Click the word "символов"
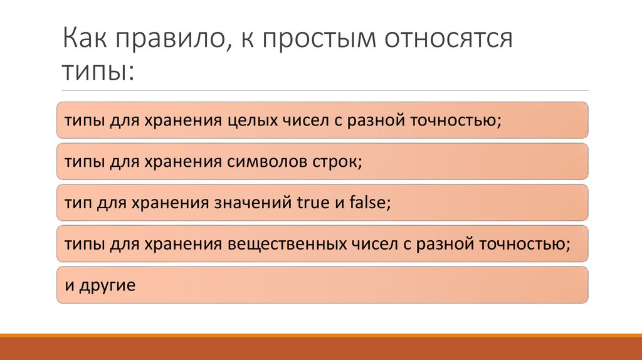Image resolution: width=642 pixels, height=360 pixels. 263,161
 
